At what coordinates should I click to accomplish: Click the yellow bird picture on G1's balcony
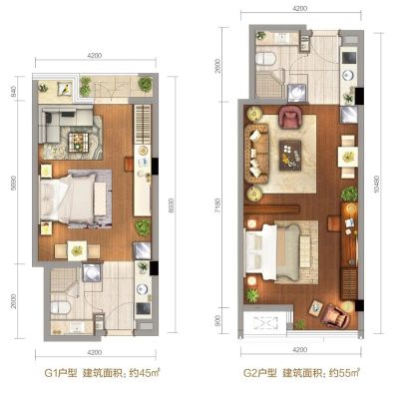[65, 89]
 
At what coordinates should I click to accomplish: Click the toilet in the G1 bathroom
[61, 307]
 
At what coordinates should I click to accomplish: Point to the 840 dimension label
[14, 92]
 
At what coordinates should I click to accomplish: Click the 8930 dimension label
[172, 205]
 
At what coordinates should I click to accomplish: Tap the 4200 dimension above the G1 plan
[95, 56]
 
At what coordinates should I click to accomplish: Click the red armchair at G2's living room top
[290, 117]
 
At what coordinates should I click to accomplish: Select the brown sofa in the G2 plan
[256, 154]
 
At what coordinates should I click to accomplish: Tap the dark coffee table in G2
[290, 156]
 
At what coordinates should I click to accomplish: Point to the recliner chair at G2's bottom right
[336, 315]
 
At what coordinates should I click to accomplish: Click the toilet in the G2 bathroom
[266, 59]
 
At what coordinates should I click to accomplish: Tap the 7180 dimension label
[217, 205]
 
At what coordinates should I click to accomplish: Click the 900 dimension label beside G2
[217, 321]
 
